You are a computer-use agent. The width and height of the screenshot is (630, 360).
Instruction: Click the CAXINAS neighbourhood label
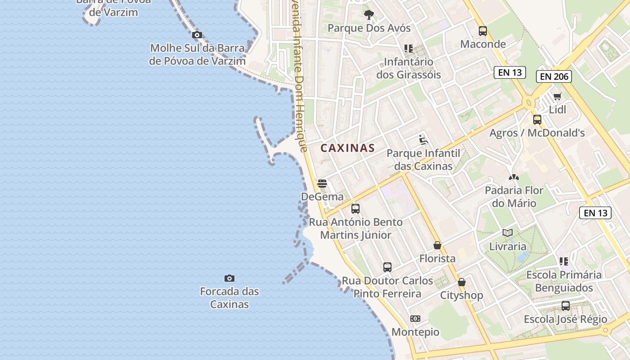(x=347, y=148)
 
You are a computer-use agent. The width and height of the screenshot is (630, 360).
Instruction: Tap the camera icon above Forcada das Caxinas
(x=229, y=279)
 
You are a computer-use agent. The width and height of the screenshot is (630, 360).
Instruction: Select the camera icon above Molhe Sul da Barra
(x=197, y=35)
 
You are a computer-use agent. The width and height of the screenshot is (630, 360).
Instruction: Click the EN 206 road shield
(x=554, y=76)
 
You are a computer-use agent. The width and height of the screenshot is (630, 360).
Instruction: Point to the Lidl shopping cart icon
(x=558, y=96)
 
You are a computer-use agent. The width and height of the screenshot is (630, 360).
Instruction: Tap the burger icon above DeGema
(x=322, y=184)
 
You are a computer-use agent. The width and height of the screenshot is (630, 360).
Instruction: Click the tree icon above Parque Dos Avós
(x=369, y=15)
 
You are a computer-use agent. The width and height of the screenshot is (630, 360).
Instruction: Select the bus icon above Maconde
(x=483, y=31)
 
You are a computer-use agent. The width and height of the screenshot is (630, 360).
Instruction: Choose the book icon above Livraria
(x=508, y=233)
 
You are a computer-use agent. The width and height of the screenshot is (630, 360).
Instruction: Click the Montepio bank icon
(x=415, y=319)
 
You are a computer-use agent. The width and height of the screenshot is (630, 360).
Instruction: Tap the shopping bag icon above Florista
(x=437, y=245)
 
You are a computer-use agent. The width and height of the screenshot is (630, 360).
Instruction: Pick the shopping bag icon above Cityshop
(x=461, y=283)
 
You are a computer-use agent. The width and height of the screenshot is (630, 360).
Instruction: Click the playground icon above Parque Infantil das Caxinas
(x=423, y=140)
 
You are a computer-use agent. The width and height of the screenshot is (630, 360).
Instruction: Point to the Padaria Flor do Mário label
(x=514, y=197)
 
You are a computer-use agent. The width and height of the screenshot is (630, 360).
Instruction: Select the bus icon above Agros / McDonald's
(x=537, y=120)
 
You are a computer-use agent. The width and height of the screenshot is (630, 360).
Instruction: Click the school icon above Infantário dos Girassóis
(x=408, y=49)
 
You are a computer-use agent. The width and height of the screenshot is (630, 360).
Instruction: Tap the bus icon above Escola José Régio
(x=565, y=306)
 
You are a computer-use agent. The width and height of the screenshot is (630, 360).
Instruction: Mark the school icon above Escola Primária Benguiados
(x=563, y=261)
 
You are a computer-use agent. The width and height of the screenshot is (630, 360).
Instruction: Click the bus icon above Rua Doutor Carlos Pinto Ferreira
(x=387, y=267)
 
